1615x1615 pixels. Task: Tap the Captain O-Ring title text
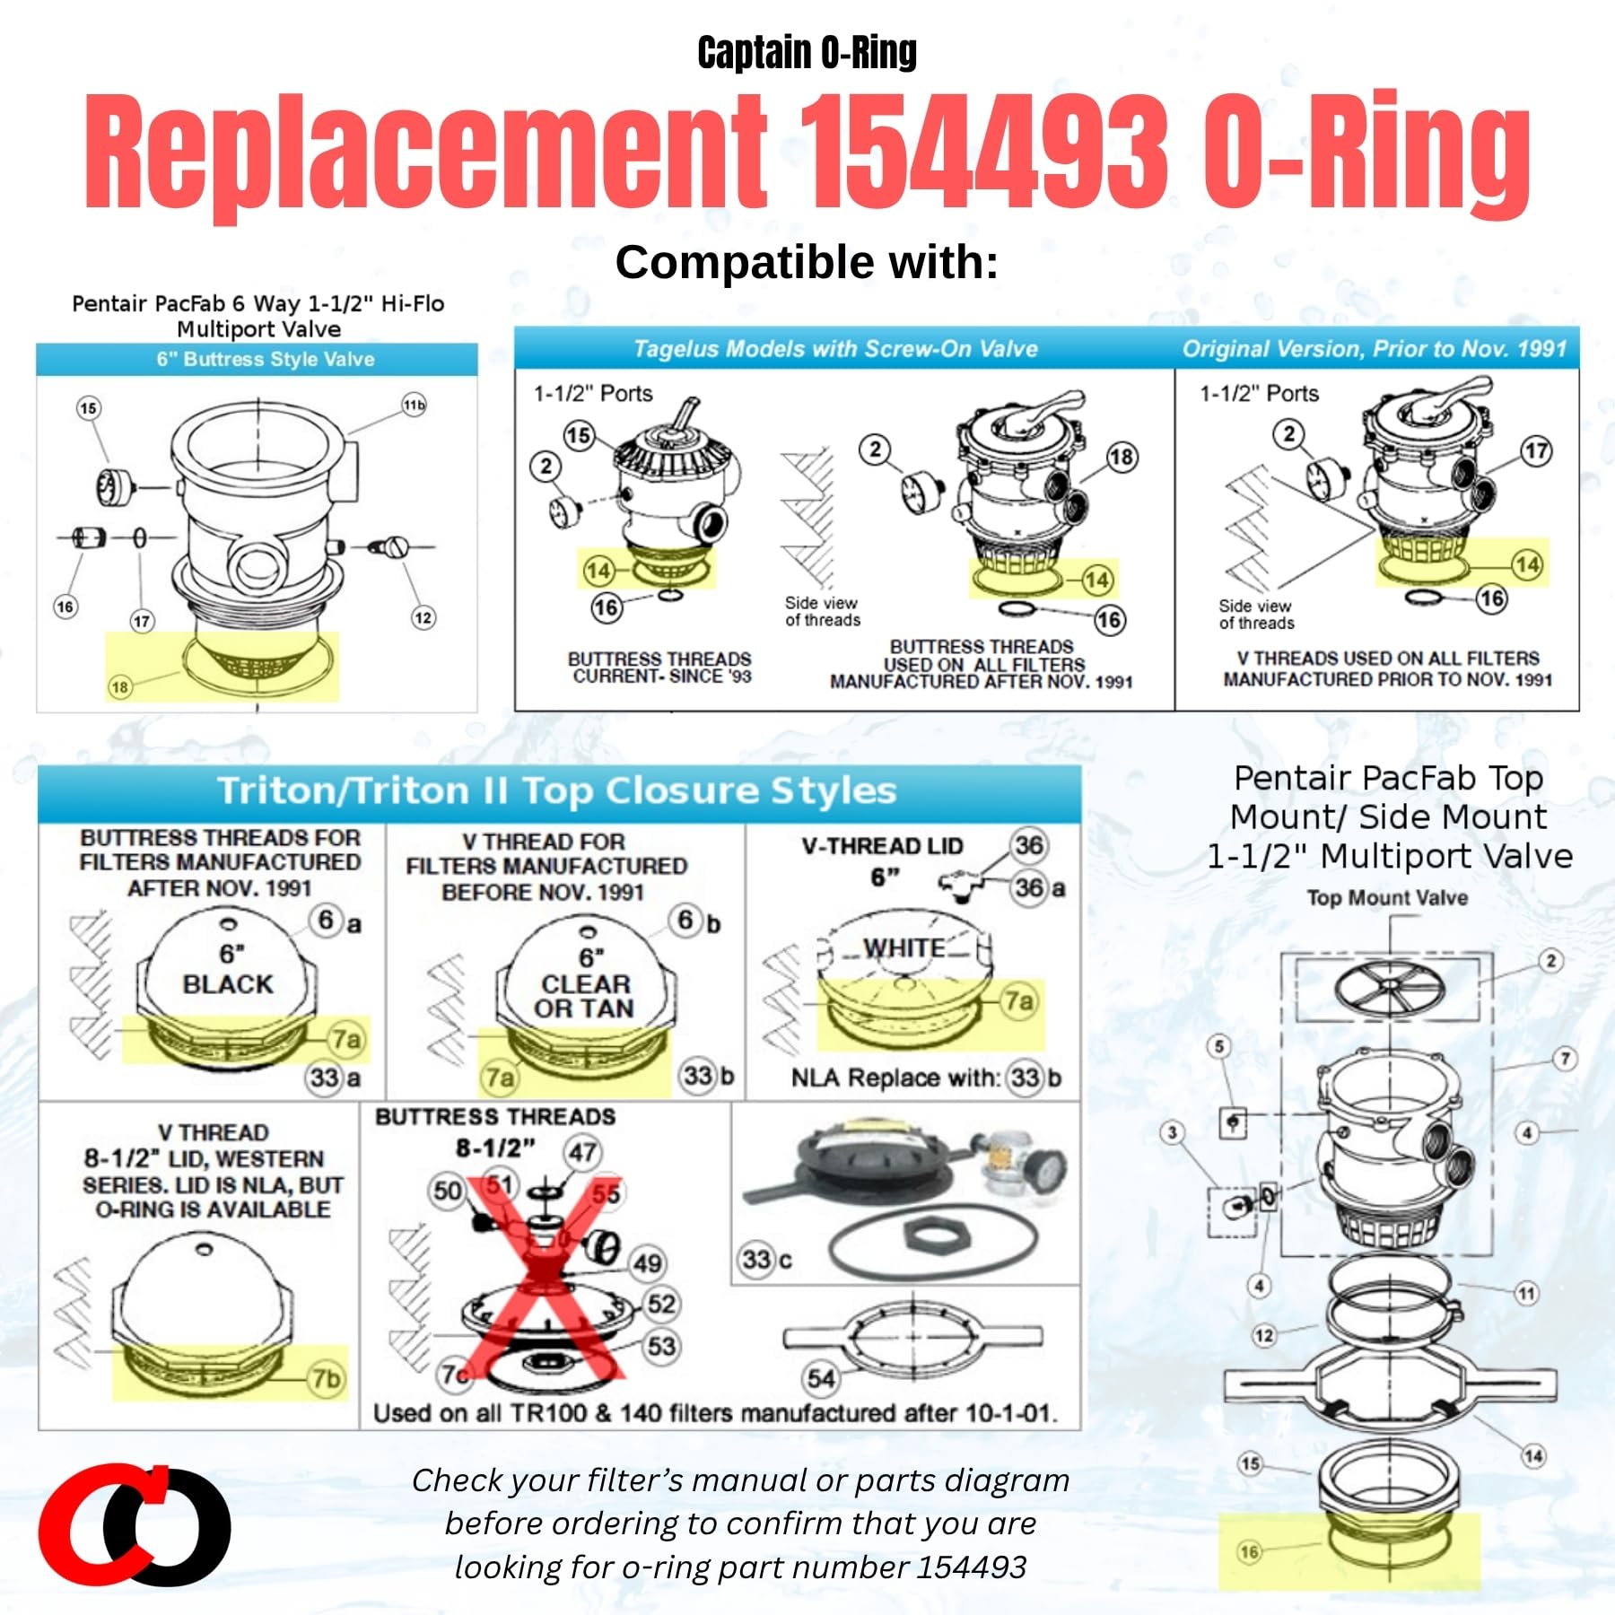(x=807, y=52)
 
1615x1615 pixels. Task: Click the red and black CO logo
(x=135, y=1524)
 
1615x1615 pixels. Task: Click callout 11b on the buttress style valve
(x=414, y=405)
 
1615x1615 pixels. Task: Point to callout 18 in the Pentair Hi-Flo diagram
(x=119, y=687)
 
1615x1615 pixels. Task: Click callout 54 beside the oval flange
(x=821, y=1378)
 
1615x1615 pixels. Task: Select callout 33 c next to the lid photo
(x=766, y=1259)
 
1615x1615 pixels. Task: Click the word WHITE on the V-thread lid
(x=904, y=947)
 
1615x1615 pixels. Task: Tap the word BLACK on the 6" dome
(x=228, y=984)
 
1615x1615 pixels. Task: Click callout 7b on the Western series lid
(x=326, y=1377)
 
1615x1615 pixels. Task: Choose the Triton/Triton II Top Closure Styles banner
(x=557, y=791)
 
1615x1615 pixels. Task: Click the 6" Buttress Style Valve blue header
(x=265, y=359)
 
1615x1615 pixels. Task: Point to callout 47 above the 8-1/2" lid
(x=582, y=1152)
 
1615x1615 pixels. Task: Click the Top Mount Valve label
(x=1387, y=897)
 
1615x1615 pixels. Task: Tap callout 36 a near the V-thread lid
(x=1039, y=887)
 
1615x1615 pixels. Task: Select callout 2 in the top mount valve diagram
(x=1550, y=961)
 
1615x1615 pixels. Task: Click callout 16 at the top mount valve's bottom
(x=1249, y=1551)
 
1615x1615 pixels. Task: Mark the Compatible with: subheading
(x=807, y=263)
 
